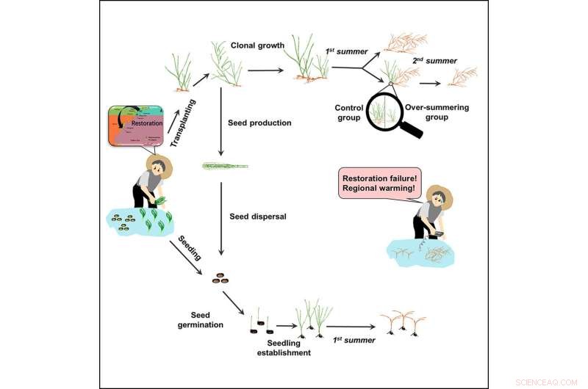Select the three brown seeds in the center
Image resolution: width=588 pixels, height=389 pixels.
click(220, 278)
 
